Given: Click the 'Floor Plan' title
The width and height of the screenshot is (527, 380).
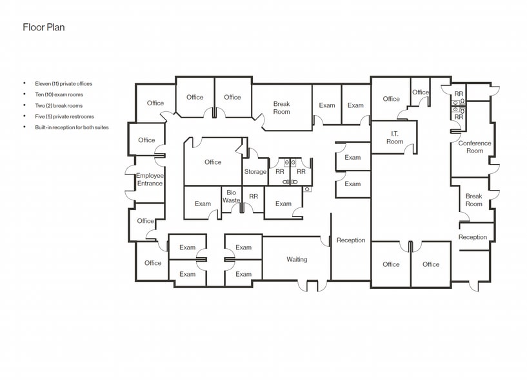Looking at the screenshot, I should click(x=44, y=27).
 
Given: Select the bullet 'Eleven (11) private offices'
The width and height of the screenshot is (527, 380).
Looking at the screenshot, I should click(x=68, y=83).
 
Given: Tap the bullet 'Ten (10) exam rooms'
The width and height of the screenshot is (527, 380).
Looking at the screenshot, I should click(x=59, y=94).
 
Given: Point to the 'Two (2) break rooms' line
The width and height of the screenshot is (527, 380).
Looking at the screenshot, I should click(x=59, y=105).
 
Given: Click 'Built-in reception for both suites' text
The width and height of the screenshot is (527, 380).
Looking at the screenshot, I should click(x=72, y=127).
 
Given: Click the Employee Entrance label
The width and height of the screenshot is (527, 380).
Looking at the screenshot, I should click(x=150, y=180).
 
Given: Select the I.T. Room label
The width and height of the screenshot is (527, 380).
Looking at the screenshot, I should click(x=395, y=137).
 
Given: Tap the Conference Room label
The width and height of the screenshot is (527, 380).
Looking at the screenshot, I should click(x=475, y=147).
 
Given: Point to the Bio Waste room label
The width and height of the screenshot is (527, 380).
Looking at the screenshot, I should click(x=231, y=196).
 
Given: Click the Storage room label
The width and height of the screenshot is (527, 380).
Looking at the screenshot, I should click(x=255, y=172).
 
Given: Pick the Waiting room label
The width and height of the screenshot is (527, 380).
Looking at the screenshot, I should click(x=297, y=260).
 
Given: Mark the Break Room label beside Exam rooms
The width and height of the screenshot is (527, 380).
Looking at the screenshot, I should click(x=281, y=108).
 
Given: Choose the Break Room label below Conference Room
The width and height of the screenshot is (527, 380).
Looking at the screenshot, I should click(x=473, y=200).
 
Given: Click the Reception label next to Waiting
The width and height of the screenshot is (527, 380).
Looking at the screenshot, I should click(x=351, y=240).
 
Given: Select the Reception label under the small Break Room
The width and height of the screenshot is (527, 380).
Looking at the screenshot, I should click(x=473, y=237).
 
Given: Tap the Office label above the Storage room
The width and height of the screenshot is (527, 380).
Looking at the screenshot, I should click(x=213, y=162).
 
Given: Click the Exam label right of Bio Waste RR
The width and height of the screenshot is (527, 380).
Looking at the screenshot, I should click(x=283, y=204).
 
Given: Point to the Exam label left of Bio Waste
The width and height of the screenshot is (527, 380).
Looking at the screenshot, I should click(x=203, y=204).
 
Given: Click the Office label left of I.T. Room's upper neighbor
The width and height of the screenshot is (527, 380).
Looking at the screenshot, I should click(x=391, y=99).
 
